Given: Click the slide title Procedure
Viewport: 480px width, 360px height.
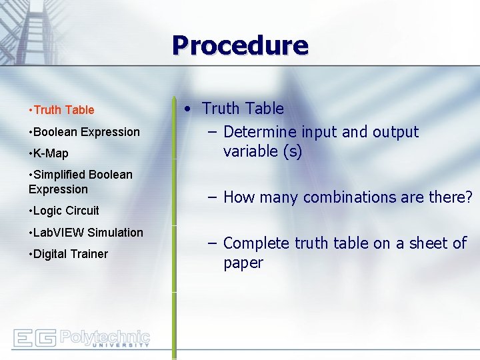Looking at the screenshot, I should pos(240,45).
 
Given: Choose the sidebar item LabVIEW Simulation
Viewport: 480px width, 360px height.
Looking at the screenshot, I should pos(86,233).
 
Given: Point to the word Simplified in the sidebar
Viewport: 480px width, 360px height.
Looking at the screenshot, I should pos(61,175).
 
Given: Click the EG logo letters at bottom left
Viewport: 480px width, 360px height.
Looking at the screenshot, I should pos(34,338).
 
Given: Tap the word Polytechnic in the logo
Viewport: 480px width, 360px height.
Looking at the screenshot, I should pos(105,336).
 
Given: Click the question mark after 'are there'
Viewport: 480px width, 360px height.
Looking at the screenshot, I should pos(469,197).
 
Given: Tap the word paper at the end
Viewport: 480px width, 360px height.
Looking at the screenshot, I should pos(243,263).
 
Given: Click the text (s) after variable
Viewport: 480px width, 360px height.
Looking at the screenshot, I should pos(292,151).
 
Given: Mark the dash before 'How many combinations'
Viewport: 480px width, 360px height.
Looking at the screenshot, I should pos(211,197).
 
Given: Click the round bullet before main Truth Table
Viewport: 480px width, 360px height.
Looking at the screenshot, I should pos(190,109).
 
